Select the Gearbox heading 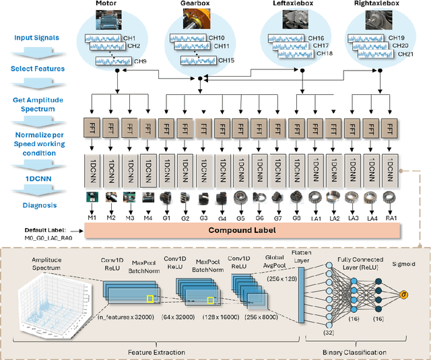coord(195,4)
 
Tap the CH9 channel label coord(141,62)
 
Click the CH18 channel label coord(324,53)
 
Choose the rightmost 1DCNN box coord(389,166)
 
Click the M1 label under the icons coord(92,218)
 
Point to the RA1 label coord(389,218)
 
